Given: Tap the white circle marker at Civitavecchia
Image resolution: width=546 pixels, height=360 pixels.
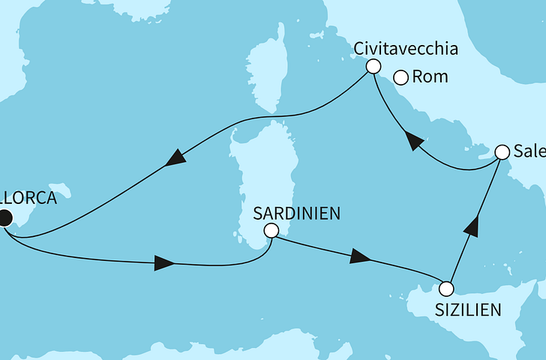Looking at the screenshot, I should pyautogui.click(x=372, y=67).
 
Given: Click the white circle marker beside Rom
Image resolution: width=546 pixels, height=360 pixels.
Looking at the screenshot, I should pyautogui.click(x=401, y=76).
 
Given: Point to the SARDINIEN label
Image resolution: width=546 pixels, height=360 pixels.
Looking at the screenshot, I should pyautogui.click(x=296, y=213).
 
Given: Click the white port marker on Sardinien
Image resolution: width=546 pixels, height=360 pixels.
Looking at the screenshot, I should pyautogui.click(x=271, y=231).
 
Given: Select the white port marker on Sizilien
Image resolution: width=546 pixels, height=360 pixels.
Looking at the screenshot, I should pyautogui.click(x=446, y=288).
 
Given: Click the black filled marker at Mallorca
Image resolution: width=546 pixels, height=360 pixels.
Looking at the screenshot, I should pyautogui.click(x=4, y=218).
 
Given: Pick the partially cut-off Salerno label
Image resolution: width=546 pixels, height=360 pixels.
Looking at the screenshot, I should pyautogui.click(x=529, y=151).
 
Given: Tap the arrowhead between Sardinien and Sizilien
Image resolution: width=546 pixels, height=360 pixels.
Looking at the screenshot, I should pyautogui.click(x=361, y=257).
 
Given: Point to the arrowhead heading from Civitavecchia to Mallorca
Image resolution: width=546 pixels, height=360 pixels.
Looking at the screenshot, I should pyautogui.click(x=175, y=158).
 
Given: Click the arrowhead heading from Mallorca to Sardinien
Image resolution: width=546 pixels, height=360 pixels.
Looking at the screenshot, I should pyautogui.click(x=164, y=264).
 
